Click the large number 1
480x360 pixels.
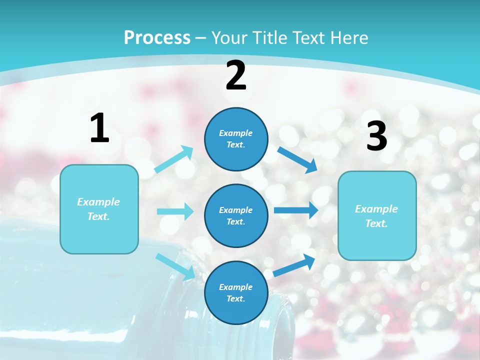[x=99, y=128]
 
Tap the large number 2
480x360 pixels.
[x=236, y=76]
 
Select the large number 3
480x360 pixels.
[x=376, y=136]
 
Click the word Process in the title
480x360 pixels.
[x=157, y=37]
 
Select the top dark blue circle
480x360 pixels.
[x=236, y=139]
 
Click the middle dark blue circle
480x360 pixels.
[x=236, y=215]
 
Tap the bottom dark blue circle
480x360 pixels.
[x=236, y=292]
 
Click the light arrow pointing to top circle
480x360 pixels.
[x=174, y=159]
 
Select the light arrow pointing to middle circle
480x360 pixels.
[x=175, y=211]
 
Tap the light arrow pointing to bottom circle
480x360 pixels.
[x=175, y=266]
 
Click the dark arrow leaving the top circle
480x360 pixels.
[x=297, y=159]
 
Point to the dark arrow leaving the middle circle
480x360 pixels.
[x=296, y=210]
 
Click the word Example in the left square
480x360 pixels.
[x=98, y=202]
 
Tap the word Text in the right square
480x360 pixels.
[x=376, y=223]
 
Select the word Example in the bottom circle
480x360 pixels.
[x=235, y=287]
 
